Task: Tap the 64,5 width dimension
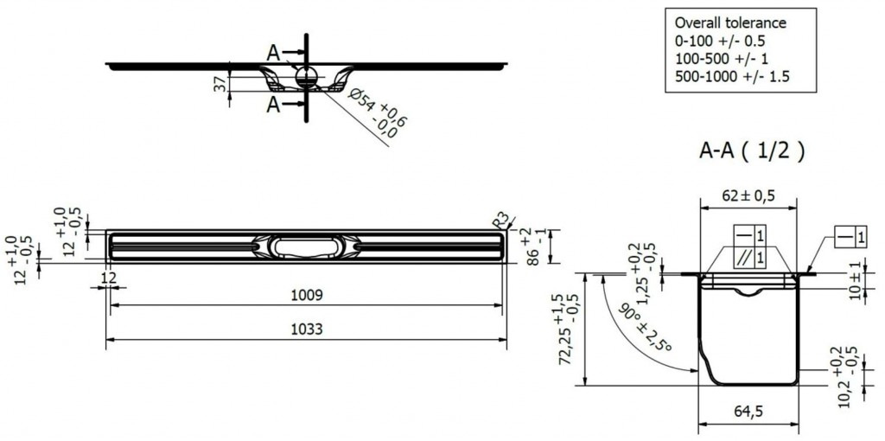748,412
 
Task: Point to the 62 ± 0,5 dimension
748,196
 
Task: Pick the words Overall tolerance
730,22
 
